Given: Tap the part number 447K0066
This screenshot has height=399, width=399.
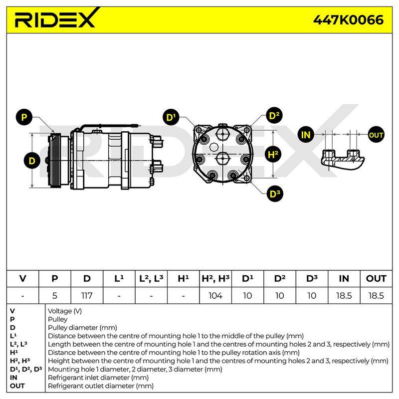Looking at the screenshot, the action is pos(348,20).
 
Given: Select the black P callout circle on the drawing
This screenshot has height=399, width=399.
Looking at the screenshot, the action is pos(24,117).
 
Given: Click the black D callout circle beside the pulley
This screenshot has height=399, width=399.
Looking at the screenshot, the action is pos(32,161).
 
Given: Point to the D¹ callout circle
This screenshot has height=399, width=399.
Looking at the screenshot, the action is pos(171,117).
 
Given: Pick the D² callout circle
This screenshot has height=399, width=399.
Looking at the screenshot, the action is pos(274,116).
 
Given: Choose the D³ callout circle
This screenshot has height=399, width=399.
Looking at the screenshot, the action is pos(275,194).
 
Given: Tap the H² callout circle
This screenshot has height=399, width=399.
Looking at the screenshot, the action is pos(273,155).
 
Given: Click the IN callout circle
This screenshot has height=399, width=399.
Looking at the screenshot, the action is pos(306,135).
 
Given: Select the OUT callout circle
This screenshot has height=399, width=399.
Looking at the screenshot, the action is pos(376,135).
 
